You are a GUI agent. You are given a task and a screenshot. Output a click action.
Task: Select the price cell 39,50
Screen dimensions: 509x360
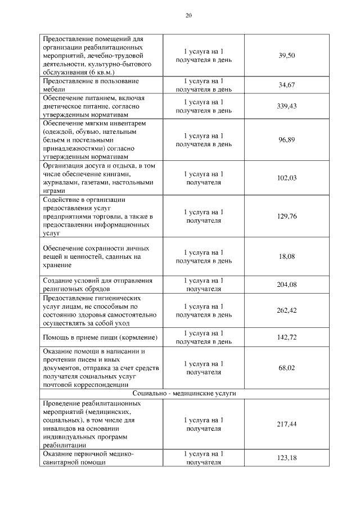coord(287,56)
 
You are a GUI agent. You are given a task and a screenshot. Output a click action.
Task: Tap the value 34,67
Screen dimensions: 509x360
coord(287,85)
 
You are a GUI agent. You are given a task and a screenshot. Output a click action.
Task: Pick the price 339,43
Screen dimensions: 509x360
coord(287,106)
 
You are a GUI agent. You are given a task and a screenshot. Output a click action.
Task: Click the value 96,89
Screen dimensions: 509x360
coord(287,139)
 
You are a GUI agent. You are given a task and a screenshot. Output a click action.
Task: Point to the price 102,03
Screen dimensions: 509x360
coord(287,178)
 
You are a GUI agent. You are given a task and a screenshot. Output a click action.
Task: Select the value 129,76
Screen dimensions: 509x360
coord(287,217)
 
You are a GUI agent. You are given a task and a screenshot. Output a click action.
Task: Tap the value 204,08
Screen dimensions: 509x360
coord(287,285)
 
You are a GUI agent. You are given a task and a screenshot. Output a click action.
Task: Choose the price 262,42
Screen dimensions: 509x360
coord(287,310)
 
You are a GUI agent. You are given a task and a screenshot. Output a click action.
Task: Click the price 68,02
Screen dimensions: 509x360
coord(287,368)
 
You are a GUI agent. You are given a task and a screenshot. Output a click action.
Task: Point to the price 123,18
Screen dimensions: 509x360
coord(287,458)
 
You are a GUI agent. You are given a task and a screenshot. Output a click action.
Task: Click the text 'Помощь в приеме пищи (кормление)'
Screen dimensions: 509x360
coord(100,337)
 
